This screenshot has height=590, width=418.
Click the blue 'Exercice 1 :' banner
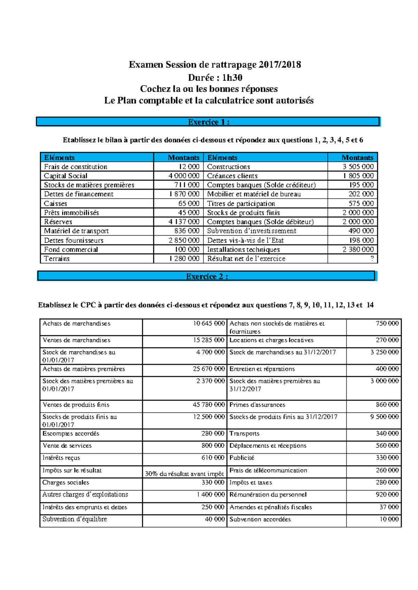pyautogui.click(x=208, y=122)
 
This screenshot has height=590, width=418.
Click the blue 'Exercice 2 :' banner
pyautogui.click(x=207, y=276)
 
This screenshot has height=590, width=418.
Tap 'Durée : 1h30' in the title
pyautogui.click(x=215, y=77)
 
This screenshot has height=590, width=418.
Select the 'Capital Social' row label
pyautogui.click(x=65, y=176)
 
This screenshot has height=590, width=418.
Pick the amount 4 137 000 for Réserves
pyautogui.click(x=184, y=222)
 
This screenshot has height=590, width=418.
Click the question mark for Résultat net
pyautogui.click(x=372, y=258)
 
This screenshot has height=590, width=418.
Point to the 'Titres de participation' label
pyautogui.click(x=241, y=204)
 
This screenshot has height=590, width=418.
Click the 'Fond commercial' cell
pyautogui.click(x=71, y=249)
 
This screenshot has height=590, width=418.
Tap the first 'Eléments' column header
pyautogui.click(x=59, y=158)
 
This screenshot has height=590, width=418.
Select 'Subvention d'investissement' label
pyautogui.click(x=251, y=231)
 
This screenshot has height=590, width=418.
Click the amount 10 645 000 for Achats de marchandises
pyautogui.click(x=209, y=324)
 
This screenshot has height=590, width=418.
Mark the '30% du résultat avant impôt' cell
pyautogui.click(x=184, y=474)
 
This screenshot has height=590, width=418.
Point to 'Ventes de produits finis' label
pyautogui.click(x=76, y=405)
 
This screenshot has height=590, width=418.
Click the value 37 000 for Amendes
pyautogui.click(x=389, y=507)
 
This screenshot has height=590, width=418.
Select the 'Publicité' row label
pyautogui.click(x=242, y=458)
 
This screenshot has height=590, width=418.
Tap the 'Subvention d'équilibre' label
pyautogui.click(x=75, y=519)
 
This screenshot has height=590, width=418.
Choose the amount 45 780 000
pyautogui.click(x=209, y=405)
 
